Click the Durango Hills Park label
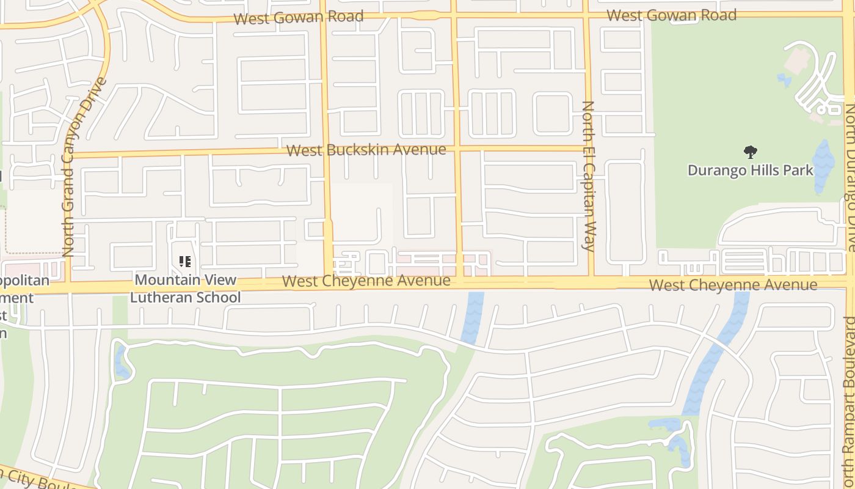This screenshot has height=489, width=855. click(x=750, y=170)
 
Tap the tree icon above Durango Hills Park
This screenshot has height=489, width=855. click(x=750, y=152)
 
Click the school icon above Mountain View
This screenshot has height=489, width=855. click(x=185, y=262)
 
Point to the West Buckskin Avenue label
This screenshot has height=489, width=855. click(x=366, y=150)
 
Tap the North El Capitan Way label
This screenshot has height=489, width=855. click(x=588, y=176)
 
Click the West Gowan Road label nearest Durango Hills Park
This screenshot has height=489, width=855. click(x=671, y=15)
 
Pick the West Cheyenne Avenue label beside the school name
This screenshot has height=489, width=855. click(x=366, y=281)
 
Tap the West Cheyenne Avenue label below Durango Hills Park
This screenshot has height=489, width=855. click(x=733, y=285)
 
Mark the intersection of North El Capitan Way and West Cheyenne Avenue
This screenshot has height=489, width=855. click(x=591, y=282)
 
